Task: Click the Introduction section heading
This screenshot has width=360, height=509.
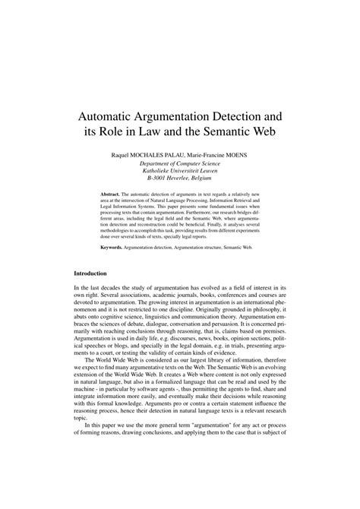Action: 90,293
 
